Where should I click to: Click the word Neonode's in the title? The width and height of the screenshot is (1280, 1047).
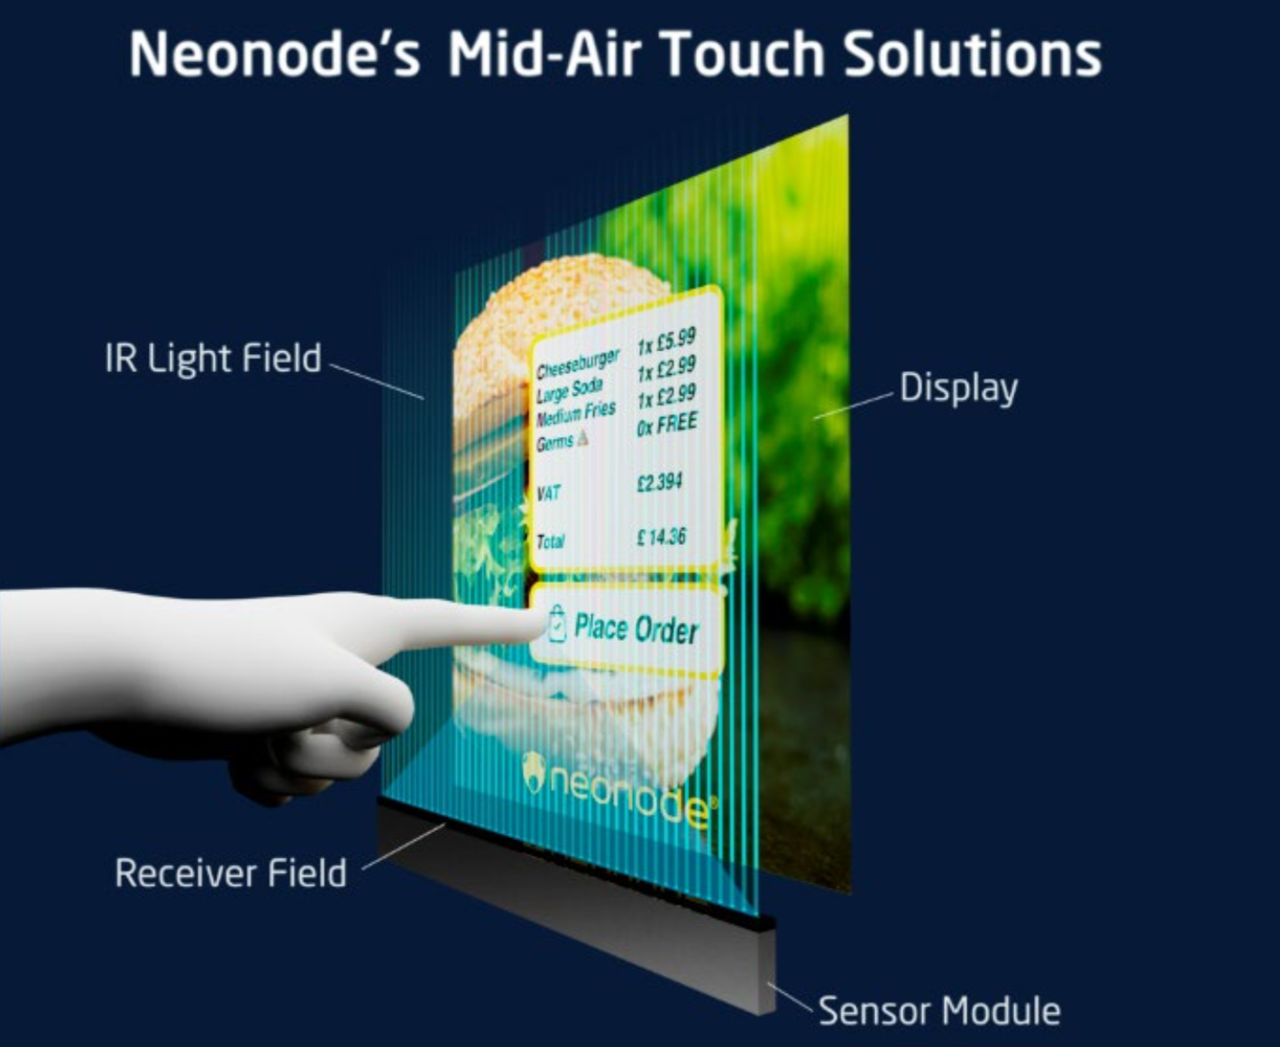(275, 52)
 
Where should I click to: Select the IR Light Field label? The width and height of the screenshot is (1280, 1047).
(213, 359)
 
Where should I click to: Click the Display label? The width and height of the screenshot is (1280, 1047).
(958, 388)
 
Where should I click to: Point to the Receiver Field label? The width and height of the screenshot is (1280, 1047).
(231, 873)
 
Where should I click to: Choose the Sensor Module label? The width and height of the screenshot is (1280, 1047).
(939, 1011)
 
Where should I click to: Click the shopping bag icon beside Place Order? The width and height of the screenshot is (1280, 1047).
(556, 624)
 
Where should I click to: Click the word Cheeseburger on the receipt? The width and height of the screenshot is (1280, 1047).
(578, 362)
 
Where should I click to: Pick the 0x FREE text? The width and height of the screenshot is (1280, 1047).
(667, 423)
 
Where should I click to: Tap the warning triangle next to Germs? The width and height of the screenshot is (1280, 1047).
(582, 437)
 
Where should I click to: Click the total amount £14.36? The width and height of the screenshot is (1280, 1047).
(662, 537)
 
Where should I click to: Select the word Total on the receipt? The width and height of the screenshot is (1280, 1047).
(551, 541)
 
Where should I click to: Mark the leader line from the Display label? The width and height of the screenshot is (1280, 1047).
(854, 405)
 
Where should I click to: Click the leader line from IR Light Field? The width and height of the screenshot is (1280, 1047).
(376, 382)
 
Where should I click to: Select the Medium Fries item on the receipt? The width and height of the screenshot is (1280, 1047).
(575, 414)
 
